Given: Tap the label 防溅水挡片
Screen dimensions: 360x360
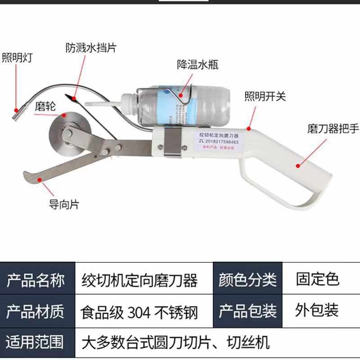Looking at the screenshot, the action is click(x=91, y=47).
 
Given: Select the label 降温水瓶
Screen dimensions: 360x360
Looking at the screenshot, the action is click(x=198, y=65).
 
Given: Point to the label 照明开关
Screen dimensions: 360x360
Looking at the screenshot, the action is click(x=265, y=96).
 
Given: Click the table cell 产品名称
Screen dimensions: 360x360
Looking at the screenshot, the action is click(x=36, y=280).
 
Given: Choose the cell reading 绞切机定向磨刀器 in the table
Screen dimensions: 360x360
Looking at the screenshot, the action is click(x=139, y=280).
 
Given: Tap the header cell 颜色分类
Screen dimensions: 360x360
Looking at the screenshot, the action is click(x=247, y=280).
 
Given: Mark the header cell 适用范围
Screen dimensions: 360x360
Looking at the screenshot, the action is click(x=36, y=342).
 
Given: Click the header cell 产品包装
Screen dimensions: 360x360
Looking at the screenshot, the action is click(x=247, y=311).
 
